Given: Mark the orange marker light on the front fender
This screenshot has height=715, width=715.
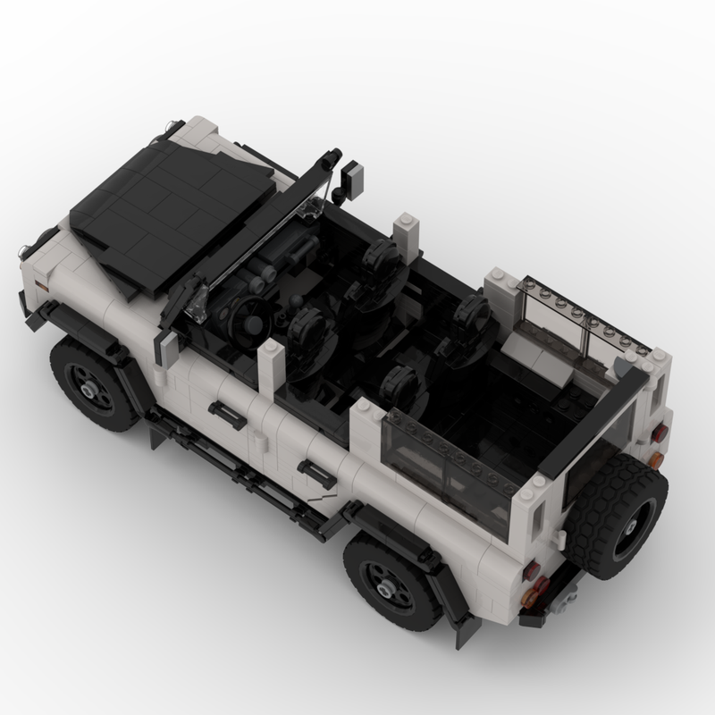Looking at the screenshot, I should [41, 286].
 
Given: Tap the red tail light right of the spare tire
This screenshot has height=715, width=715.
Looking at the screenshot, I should [659, 434].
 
